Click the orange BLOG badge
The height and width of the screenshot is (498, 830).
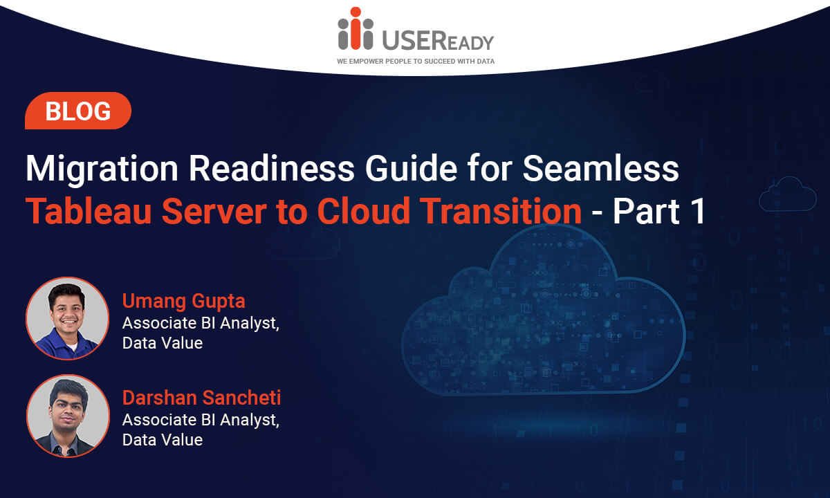coord(78,111)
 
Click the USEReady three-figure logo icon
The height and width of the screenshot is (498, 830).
coord(356,28)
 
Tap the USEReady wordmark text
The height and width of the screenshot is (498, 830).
coord(438,40)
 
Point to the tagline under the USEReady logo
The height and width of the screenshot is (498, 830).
coord(416,61)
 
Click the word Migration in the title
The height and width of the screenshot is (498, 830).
coord(102,169)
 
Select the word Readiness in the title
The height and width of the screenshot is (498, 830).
coord(272,169)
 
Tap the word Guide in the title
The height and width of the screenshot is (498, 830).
coord(412,169)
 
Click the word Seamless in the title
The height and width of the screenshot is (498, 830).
coord(600,169)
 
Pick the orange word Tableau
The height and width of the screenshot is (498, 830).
coord(89,211)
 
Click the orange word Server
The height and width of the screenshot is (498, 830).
coord(214,211)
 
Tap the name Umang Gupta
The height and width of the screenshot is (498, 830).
coord(184,302)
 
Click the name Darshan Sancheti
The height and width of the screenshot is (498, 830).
coord(201,398)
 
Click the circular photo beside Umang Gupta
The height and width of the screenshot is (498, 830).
coord(68,318)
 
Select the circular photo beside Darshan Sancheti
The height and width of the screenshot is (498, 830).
coord(68,416)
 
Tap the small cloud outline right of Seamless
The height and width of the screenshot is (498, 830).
coord(787,194)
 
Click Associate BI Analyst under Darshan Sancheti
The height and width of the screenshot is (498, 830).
coord(201,421)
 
